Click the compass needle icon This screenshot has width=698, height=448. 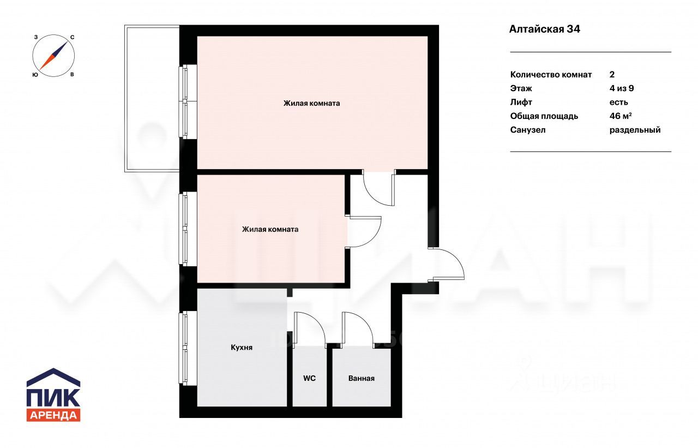pyautogui.click(x=53, y=56)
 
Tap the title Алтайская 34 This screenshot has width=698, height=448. pyautogui.click(x=544, y=29)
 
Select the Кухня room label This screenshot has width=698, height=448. pyautogui.click(x=242, y=347)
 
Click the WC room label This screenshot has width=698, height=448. pyautogui.click(x=309, y=378)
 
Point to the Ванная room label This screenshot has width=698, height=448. pyautogui.click(x=362, y=378)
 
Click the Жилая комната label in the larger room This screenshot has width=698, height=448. pyautogui.click(x=311, y=103)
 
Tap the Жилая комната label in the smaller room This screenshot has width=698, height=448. pyautogui.click(x=270, y=229)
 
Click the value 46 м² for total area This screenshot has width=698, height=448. pyautogui.click(x=621, y=116)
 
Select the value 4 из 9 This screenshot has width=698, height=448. pyautogui.click(x=622, y=88)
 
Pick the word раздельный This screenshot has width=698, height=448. pyautogui.click(x=635, y=130)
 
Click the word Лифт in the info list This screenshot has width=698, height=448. pyautogui.click(x=521, y=102)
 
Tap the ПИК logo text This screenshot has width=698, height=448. pyautogui.click(x=53, y=397)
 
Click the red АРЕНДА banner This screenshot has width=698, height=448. pyautogui.click(x=53, y=415)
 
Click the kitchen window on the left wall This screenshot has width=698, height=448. pyautogui.click(x=184, y=348)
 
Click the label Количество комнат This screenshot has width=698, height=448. pyautogui.click(x=551, y=75)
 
